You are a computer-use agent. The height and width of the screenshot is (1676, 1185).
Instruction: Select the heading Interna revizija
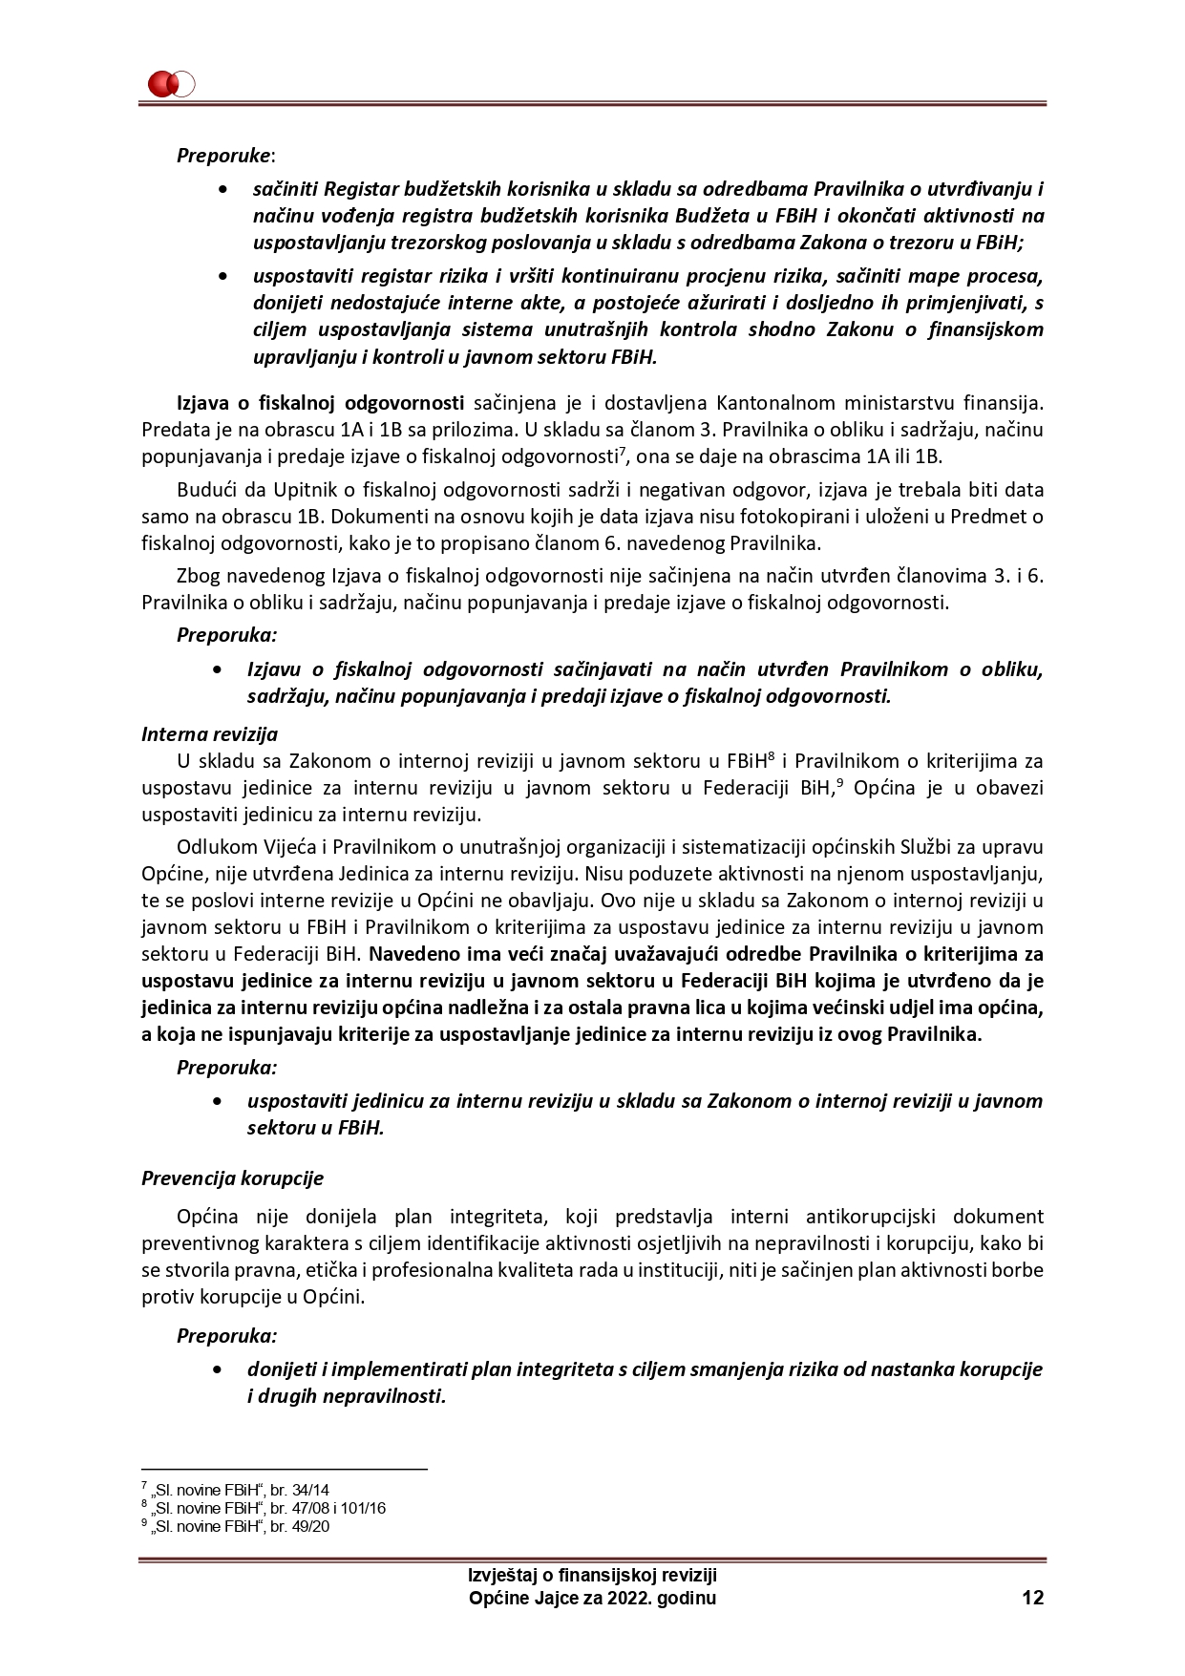[209, 734]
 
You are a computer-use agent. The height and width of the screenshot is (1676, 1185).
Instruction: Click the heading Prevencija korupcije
[232, 1177]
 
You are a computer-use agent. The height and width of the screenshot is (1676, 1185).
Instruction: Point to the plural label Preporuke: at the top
[225, 155]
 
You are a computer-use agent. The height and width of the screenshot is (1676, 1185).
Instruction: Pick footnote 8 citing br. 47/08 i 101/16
[263, 1508]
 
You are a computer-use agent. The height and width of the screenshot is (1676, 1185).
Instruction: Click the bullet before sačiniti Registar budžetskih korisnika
[223, 190]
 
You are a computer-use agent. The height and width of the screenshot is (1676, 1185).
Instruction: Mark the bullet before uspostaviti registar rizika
[223, 277]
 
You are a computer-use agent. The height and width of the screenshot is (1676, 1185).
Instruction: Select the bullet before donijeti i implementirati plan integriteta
[223, 1369]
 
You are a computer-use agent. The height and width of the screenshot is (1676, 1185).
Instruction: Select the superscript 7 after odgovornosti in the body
[622, 451]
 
